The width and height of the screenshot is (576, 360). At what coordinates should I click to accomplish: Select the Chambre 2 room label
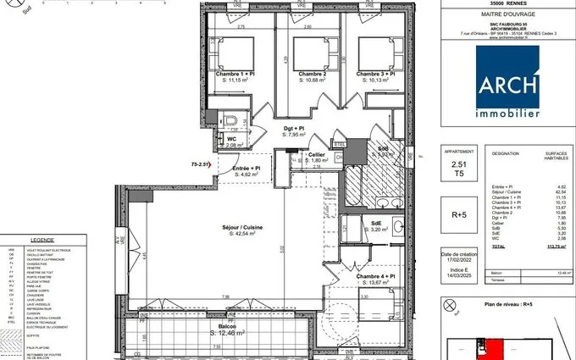click(x=313, y=75)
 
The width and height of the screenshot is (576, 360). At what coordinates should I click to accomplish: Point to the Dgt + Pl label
click(x=293, y=128)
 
